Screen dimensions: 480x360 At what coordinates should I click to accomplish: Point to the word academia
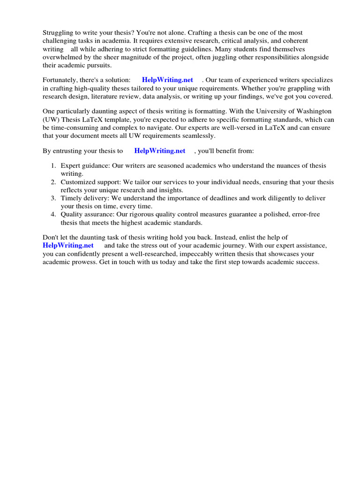(x=108, y=41)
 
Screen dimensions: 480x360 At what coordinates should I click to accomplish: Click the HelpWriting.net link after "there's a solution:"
(x=167, y=80)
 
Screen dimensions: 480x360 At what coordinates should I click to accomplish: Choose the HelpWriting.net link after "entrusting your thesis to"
(x=160, y=151)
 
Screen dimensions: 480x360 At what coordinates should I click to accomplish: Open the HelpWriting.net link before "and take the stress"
(x=68, y=246)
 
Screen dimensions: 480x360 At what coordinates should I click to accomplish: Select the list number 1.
(x=53, y=166)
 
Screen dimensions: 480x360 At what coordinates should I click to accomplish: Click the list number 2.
(x=53, y=182)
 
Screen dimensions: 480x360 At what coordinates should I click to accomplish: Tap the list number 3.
(x=53, y=198)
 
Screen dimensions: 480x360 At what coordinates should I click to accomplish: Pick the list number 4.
(x=53, y=215)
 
